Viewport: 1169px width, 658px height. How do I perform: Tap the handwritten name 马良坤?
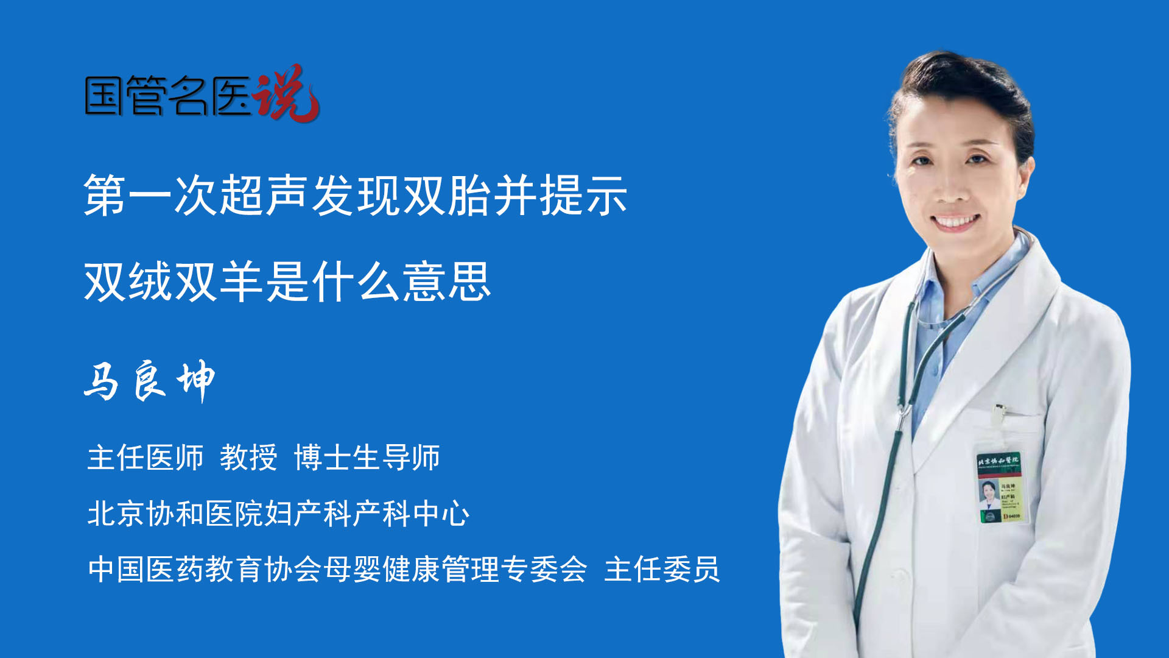coord(149,381)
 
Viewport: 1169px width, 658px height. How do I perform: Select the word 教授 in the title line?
coord(248,458)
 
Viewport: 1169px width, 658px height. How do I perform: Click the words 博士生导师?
coord(367,458)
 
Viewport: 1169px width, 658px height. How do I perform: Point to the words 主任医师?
coord(146,458)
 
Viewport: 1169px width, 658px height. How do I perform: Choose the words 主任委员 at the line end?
coord(662,570)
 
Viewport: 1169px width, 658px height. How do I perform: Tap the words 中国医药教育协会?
coord(205,570)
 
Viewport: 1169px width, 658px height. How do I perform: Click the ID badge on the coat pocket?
coord(1000,487)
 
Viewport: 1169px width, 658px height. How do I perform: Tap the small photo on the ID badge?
coord(988,492)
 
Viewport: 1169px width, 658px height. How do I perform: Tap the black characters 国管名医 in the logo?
coord(167,96)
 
